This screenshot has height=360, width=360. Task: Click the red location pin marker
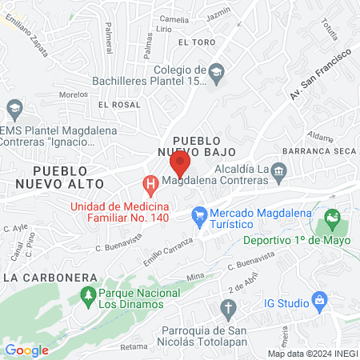(180, 164)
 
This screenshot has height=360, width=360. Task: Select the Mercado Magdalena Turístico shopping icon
(199, 214)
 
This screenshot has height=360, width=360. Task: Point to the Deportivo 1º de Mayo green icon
(332, 217)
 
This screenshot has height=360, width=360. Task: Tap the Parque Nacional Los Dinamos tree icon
(88, 297)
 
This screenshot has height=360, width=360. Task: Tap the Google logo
(26, 350)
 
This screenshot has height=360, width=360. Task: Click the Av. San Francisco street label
(319, 75)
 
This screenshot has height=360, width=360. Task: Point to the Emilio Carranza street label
(168, 250)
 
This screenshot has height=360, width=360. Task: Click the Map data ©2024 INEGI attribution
(313, 353)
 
